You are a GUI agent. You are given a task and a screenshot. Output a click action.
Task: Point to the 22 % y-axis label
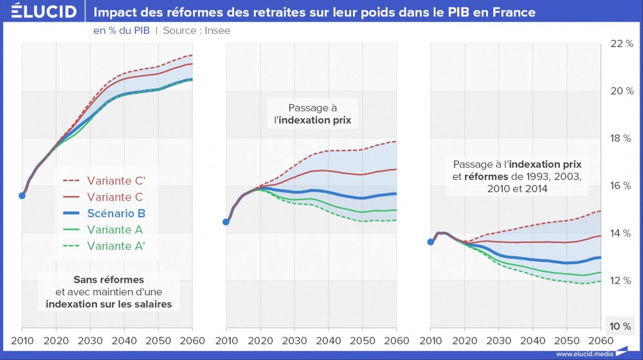(621, 43)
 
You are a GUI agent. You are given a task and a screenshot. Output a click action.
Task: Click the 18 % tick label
(621, 138)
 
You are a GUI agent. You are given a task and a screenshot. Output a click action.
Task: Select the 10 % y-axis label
(621, 326)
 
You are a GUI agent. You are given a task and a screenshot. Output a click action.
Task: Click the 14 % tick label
(621, 233)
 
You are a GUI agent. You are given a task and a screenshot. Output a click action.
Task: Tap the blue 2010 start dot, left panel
(23, 195)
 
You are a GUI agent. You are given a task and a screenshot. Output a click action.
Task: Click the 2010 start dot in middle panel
(226, 222)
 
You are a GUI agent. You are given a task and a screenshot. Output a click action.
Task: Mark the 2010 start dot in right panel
(431, 242)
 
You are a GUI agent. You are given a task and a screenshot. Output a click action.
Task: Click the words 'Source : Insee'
(196, 30)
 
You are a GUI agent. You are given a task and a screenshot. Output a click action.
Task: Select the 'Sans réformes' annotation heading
(109, 280)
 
